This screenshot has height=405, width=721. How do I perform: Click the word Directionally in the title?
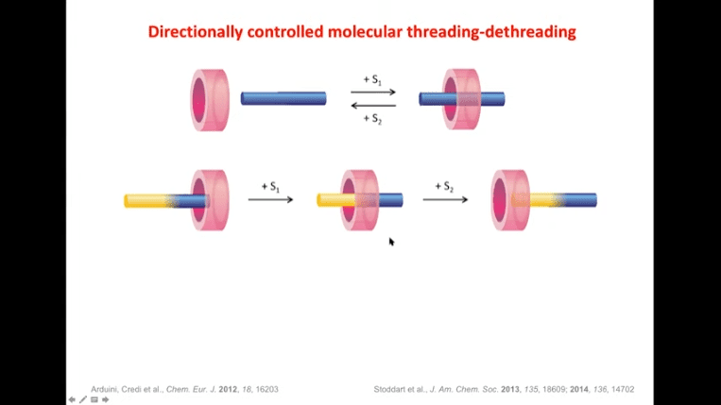pyautogui.click(x=196, y=32)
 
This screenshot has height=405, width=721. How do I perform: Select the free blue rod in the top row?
pyautogui.click(x=283, y=98)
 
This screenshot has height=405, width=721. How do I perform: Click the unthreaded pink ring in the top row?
pyautogui.click(x=210, y=100)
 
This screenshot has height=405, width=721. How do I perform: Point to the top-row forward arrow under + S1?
pyautogui.click(x=373, y=92)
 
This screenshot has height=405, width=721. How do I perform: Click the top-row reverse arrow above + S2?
pyautogui.click(x=373, y=106)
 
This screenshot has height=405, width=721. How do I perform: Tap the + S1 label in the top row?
pyautogui.click(x=372, y=79)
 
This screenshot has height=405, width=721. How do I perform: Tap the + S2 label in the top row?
pyautogui.click(x=372, y=119)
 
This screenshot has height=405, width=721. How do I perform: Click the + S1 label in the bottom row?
pyautogui.click(x=270, y=187)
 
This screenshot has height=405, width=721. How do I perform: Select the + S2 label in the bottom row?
pyautogui.click(x=444, y=187)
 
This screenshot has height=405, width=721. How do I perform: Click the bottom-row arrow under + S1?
pyautogui.click(x=270, y=199)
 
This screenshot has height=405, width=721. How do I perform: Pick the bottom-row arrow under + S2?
pyautogui.click(x=445, y=199)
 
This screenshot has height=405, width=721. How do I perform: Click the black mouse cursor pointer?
pyautogui.click(x=391, y=242)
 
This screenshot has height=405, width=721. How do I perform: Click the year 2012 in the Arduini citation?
pyautogui.click(x=228, y=389)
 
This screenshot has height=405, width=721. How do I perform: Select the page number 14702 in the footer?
pyautogui.click(x=623, y=389)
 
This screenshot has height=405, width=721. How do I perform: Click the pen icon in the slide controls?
pyautogui.click(x=83, y=399)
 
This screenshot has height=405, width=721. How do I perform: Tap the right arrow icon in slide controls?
pyautogui.click(x=105, y=399)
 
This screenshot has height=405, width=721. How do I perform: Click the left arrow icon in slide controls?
pyautogui.click(x=72, y=399)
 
